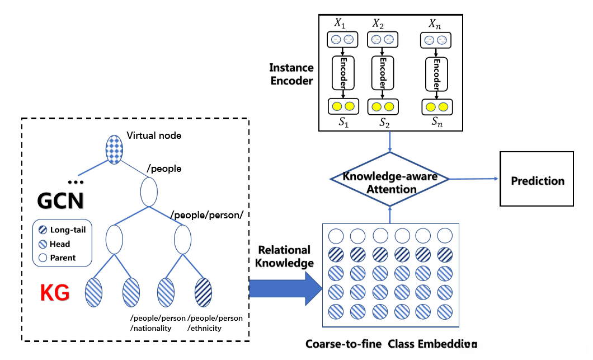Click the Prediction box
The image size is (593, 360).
(x=537, y=180)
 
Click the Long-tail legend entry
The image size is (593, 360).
(x=62, y=230)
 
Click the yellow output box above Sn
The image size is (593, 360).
(x=436, y=106)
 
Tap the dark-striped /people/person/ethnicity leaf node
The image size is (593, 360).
(x=203, y=292)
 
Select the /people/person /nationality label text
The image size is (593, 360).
(x=157, y=323)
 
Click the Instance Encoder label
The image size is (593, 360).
(x=291, y=74)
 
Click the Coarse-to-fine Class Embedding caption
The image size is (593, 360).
(x=391, y=343)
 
